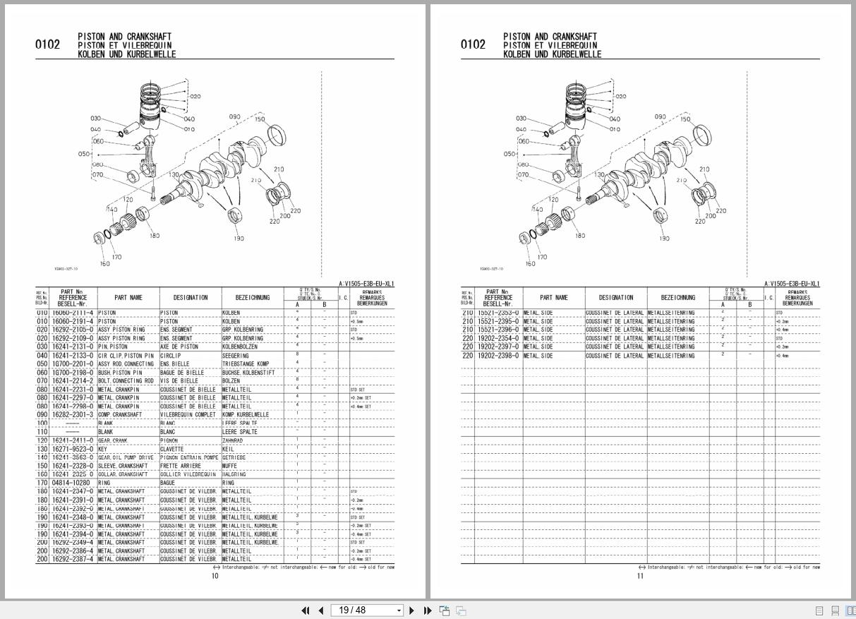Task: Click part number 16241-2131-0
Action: click(73, 347)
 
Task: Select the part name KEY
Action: click(102, 449)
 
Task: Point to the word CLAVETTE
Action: click(171, 449)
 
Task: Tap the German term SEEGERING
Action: click(236, 355)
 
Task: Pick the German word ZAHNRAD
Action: click(232, 440)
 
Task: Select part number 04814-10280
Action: click(71, 483)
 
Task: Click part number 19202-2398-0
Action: click(498, 355)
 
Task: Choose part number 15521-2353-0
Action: click(498, 313)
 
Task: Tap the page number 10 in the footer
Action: click(215, 576)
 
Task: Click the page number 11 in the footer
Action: click(640, 576)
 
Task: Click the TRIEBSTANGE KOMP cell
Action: click(245, 363)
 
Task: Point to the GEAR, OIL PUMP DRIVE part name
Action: click(125, 457)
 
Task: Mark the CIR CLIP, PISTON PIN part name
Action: click(125, 355)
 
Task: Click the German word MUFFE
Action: click(229, 466)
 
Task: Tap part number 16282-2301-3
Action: click(73, 415)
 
